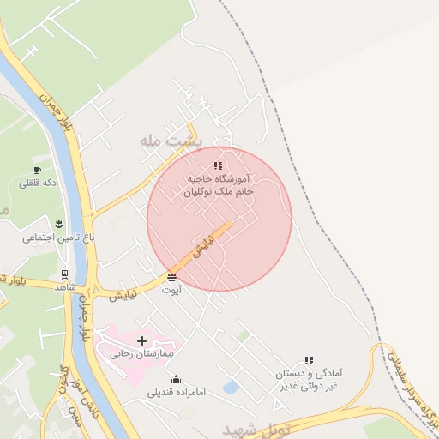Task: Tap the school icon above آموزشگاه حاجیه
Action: coord(218,165)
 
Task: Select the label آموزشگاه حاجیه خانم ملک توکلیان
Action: coord(219,186)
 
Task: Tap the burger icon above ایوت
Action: coord(172,277)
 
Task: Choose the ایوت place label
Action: coord(172,290)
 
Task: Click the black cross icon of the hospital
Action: coord(141,340)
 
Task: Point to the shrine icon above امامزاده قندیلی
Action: coord(177,380)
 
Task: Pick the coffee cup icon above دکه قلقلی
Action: coord(37,170)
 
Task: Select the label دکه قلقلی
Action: coord(37,183)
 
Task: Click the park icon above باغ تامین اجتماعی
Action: coord(57,224)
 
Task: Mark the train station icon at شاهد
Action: coord(64,274)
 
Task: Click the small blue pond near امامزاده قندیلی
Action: coord(231,388)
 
